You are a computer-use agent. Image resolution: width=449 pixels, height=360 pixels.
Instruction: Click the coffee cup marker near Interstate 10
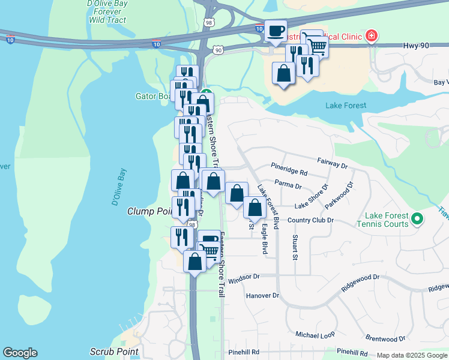click(276, 31)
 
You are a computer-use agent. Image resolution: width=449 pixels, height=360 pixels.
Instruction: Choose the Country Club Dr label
click(310, 220)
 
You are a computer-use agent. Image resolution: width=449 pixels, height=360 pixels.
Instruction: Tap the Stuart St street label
click(295, 248)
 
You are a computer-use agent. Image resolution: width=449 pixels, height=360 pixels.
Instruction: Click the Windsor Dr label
click(243, 277)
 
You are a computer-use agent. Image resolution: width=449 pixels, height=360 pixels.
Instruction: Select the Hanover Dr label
click(263, 295)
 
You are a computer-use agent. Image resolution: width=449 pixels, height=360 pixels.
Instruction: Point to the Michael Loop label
click(315, 334)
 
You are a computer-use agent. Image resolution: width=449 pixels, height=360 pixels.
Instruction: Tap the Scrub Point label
click(114, 352)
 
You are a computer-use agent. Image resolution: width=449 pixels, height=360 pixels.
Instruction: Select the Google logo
click(20, 353)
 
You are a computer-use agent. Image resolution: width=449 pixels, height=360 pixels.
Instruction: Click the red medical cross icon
click(372, 37)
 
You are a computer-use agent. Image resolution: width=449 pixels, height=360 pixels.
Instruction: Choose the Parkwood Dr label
click(339, 195)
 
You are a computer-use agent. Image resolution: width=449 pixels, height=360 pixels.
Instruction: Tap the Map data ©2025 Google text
click(411, 355)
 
